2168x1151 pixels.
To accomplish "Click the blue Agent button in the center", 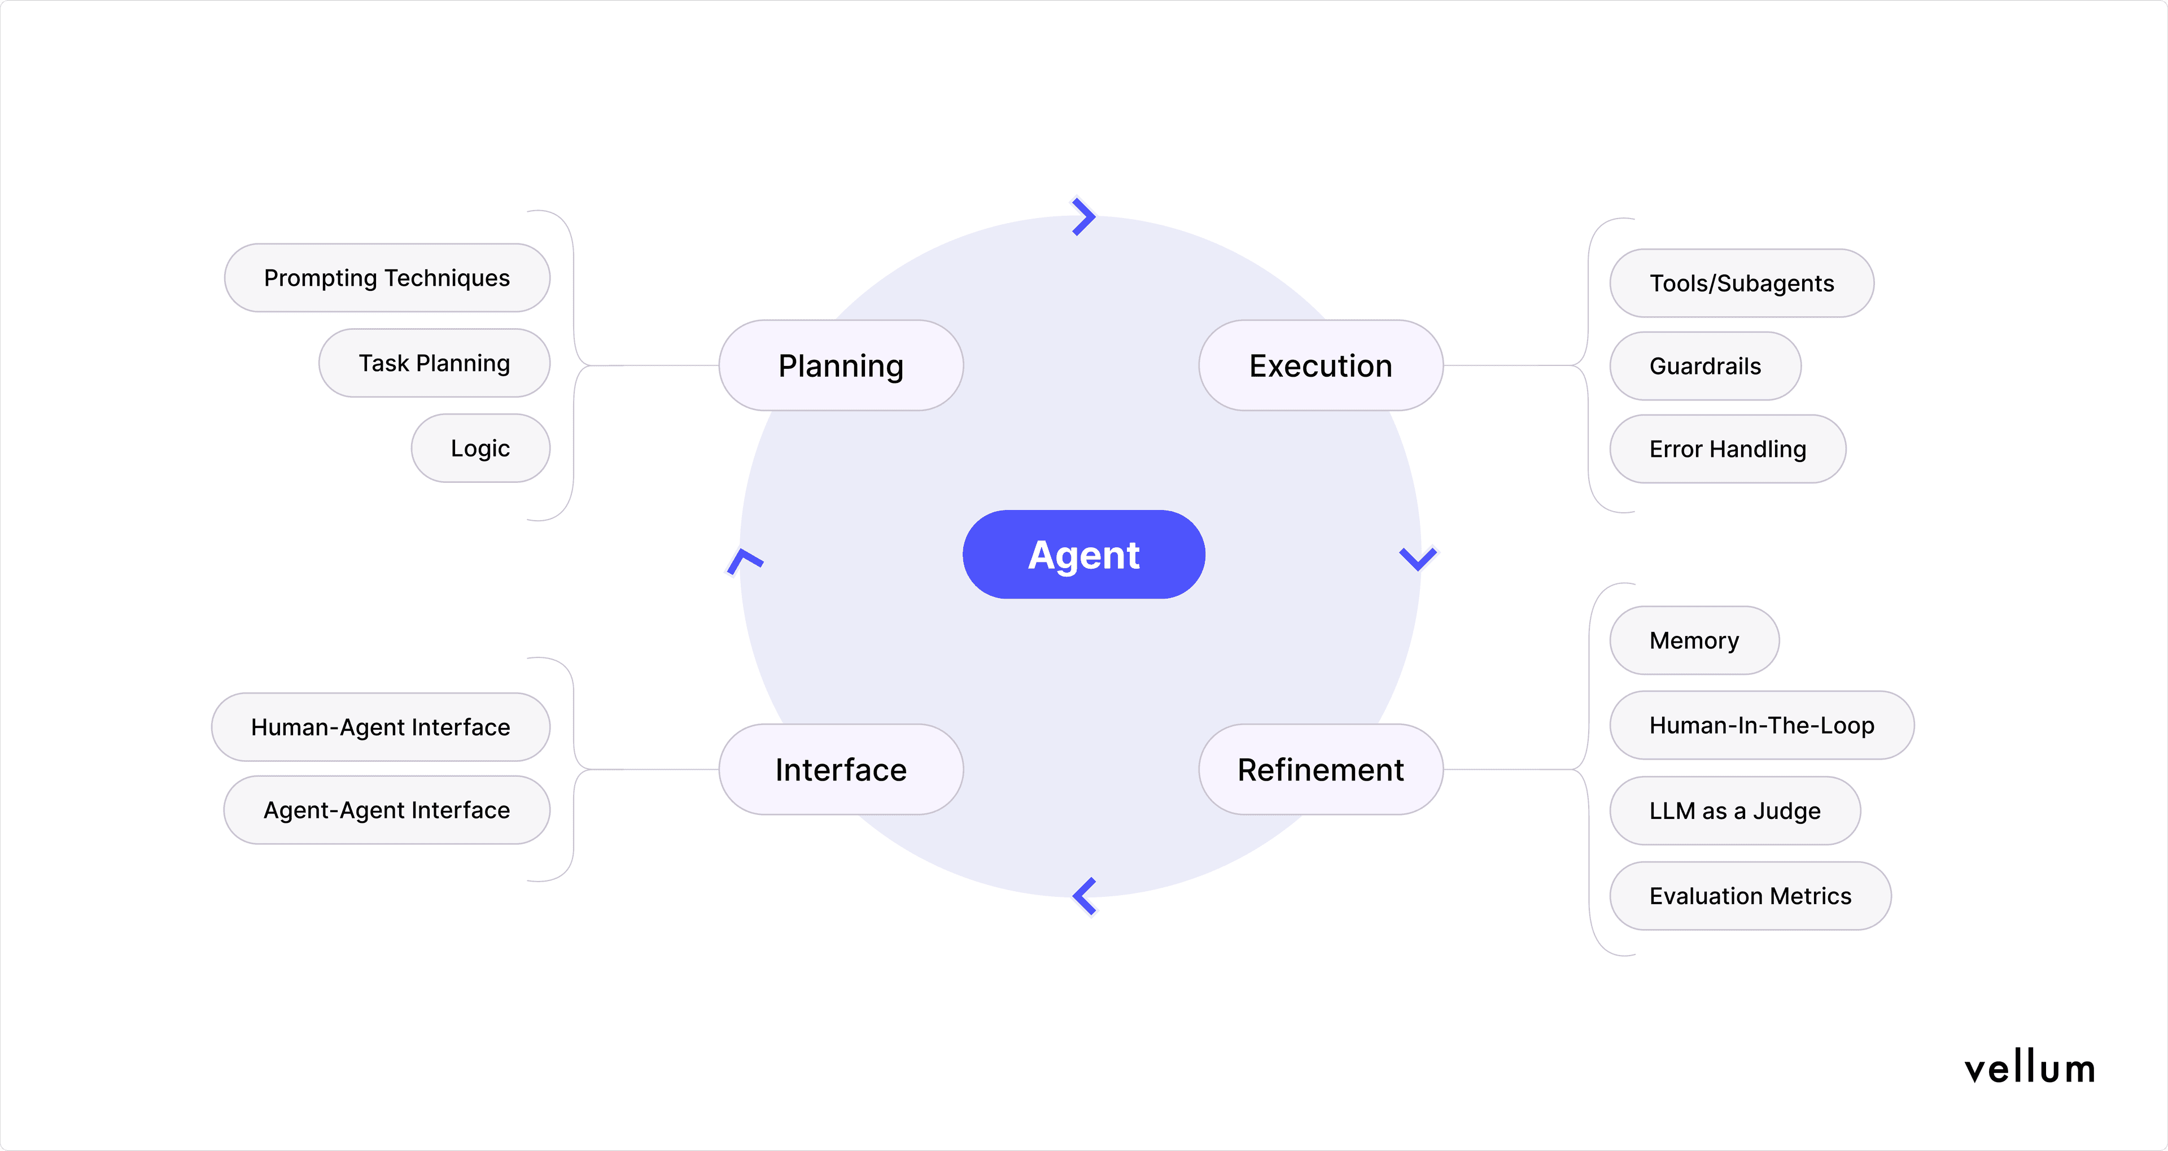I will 1083,555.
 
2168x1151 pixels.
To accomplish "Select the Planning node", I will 841,365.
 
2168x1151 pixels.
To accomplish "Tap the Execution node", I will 1321,365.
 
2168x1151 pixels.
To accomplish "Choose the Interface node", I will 841,770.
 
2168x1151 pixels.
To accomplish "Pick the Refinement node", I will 1321,770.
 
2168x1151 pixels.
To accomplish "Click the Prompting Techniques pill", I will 387,278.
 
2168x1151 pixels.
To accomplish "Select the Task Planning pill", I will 434,363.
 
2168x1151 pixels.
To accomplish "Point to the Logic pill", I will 480,448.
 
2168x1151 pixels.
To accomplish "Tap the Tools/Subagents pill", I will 1741,283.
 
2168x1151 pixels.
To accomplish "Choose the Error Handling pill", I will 1728,449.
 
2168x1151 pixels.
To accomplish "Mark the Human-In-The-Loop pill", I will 1761,726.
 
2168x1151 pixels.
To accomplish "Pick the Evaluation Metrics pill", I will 1751,896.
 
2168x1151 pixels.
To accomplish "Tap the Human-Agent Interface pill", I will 381,727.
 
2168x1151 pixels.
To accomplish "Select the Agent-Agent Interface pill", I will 387,810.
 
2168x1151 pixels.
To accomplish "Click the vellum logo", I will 2029,1069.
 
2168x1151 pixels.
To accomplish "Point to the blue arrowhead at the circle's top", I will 1084,216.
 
